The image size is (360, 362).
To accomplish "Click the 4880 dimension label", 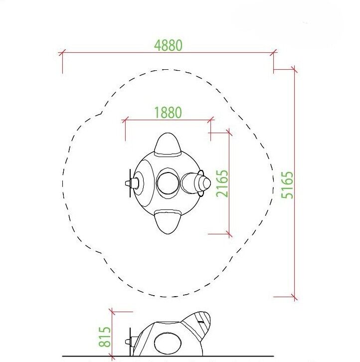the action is pos(169,45).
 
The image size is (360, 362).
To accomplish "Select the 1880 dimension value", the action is pos(168,112).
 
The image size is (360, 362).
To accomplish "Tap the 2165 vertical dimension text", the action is pos(222,183).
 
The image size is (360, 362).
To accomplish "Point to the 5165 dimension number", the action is pos(287,185).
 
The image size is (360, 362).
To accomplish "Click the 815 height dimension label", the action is pos(105,337).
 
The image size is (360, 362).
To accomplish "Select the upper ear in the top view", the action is pos(168,144).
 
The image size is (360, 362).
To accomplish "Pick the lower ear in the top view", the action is pos(168,221).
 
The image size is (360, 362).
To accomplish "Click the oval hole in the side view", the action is pos(168,343).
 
